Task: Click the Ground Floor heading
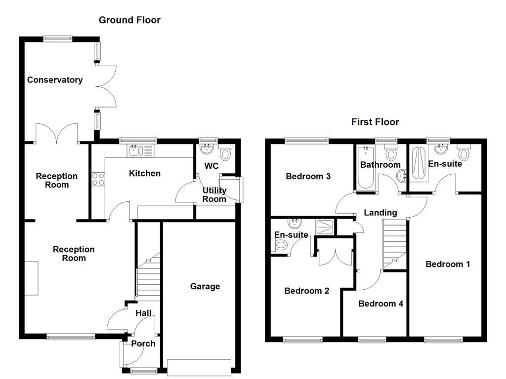[129, 20]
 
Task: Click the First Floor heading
[375, 122]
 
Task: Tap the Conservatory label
[55, 80]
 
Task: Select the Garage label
[205, 287]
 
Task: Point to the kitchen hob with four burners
[98, 179]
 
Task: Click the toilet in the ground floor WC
[226, 154]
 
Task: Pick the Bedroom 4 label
[380, 304]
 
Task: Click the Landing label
[380, 213]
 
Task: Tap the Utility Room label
[214, 195]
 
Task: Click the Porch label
[143, 344]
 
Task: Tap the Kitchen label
[145, 173]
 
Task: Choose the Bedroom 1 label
[448, 265]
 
